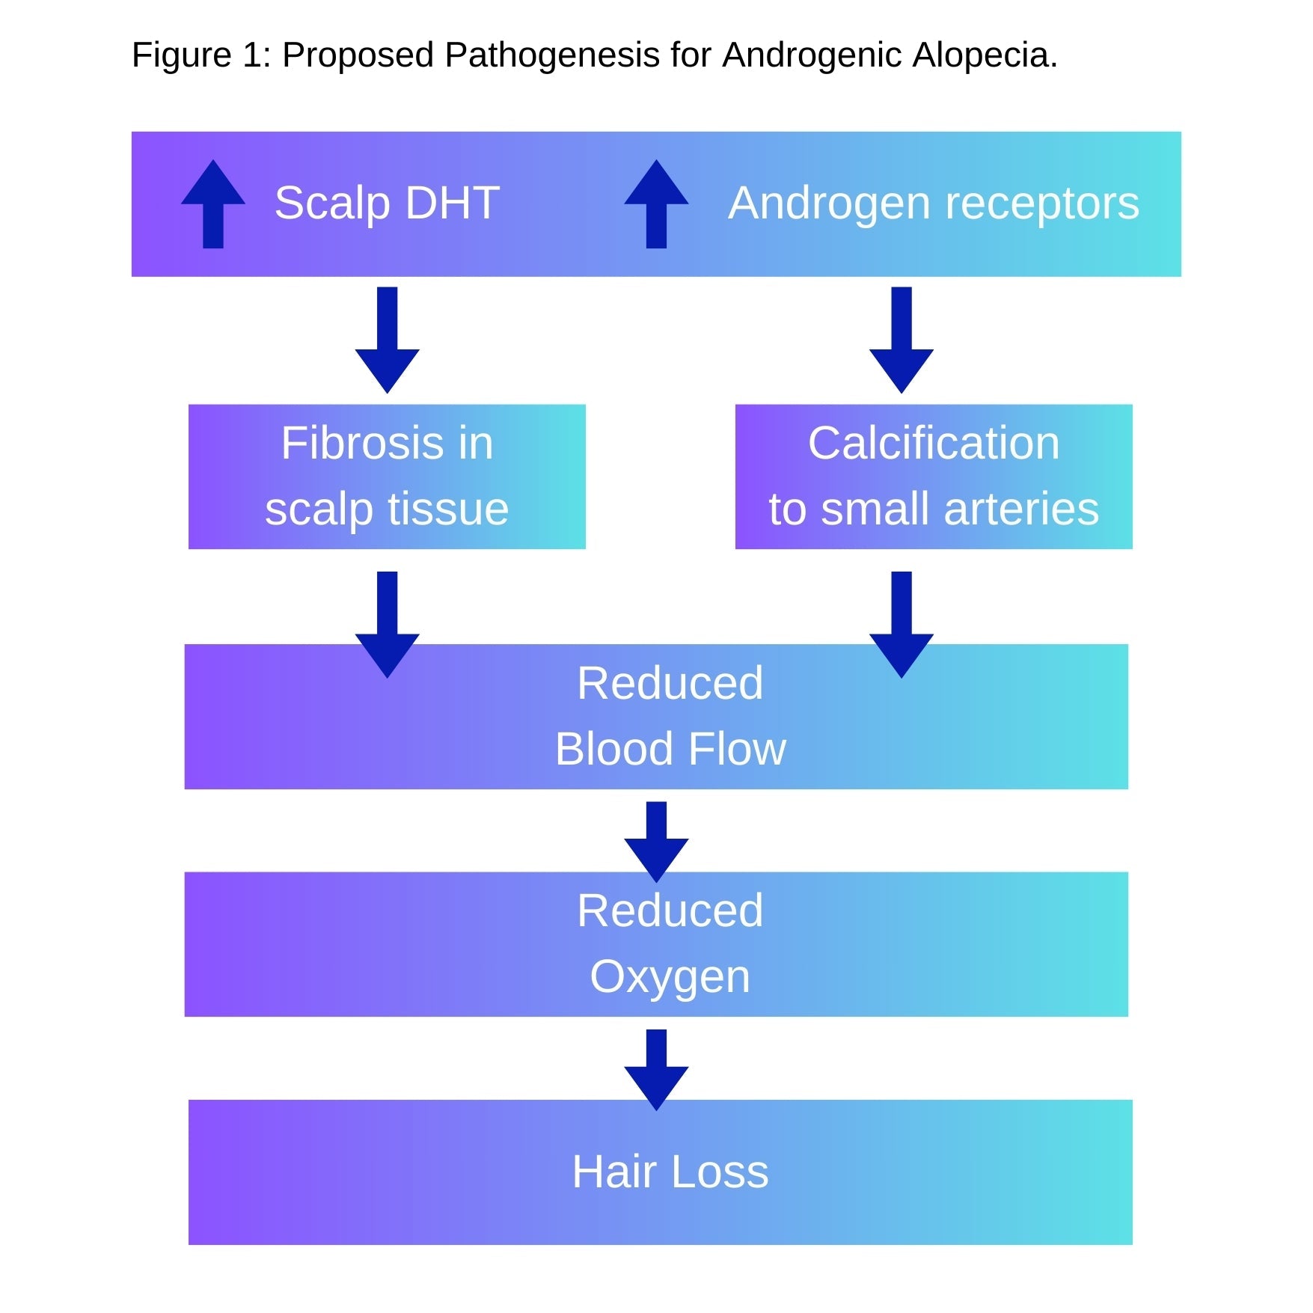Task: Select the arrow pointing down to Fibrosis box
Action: tap(387, 340)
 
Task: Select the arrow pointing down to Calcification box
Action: tap(902, 340)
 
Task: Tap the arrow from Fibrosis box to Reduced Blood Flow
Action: tap(387, 625)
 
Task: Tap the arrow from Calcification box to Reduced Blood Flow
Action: tap(902, 625)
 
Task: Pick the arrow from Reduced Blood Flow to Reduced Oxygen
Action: tap(656, 842)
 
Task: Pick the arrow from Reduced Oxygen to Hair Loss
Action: tap(656, 1070)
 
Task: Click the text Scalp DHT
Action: tap(387, 203)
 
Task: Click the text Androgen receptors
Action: tap(934, 203)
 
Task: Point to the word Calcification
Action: tap(934, 443)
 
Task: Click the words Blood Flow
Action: tap(670, 749)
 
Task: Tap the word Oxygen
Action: tap(670, 976)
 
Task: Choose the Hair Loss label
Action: tap(670, 1172)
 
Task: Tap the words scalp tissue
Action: tap(387, 509)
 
